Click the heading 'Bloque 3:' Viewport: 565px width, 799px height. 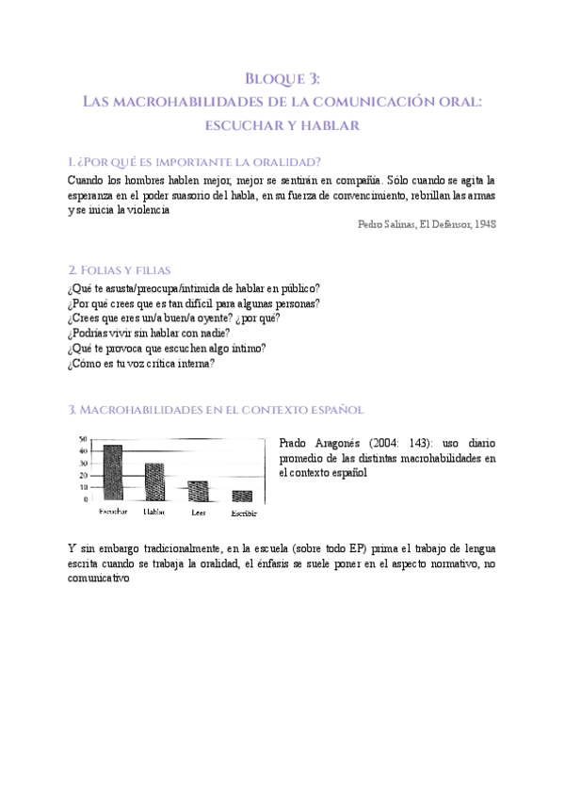[x=282, y=79]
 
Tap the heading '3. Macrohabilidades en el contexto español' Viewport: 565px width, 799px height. [x=216, y=410]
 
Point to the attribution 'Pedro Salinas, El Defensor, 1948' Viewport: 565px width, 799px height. [x=428, y=224]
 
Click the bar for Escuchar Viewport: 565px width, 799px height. [x=113, y=472]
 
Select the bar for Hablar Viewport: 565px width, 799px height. [x=154, y=481]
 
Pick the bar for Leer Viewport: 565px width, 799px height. [x=198, y=490]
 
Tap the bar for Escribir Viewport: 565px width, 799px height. [x=242, y=495]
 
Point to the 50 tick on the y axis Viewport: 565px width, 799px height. [x=83, y=440]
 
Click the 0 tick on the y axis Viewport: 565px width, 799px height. [x=85, y=499]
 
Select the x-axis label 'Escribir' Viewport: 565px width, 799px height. [x=243, y=514]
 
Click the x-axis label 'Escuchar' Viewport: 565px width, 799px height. [x=113, y=512]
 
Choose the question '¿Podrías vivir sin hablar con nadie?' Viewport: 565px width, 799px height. [x=149, y=333]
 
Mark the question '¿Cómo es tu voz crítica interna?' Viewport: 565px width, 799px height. [x=141, y=363]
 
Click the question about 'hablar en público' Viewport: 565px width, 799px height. [x=194, y=287]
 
